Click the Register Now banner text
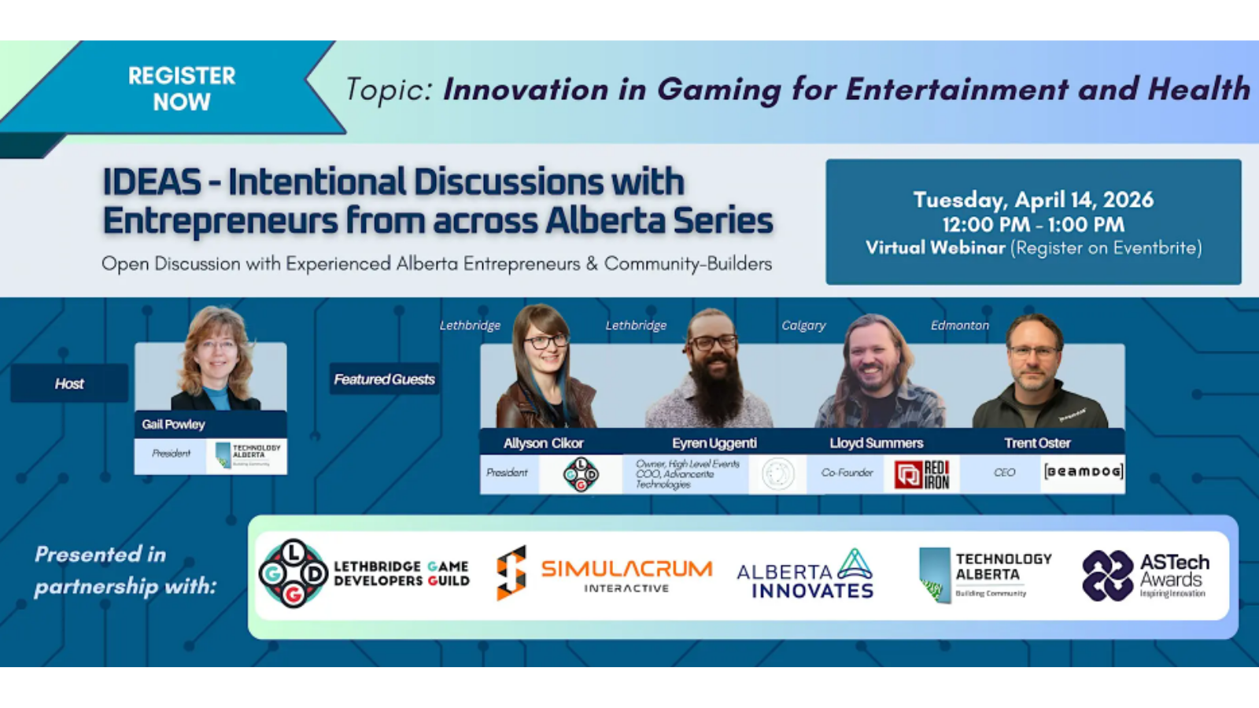[x=182, y=88]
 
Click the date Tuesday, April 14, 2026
[x=1033, y=200]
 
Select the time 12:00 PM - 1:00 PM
[x=1033, y=224]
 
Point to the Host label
[x=69, y=384]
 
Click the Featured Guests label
[x=384, y=379]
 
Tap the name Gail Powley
[x=173, y=424]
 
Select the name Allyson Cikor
[x=543, y=443]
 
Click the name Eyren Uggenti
[x=714, y=443]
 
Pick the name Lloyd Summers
[x=876, y=443]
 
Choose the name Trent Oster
[x=1037, y=443]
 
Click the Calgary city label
[x=803, y=326]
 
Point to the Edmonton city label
[x=959, y=326]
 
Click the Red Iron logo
[x=922, y=474]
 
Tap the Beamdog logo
[x=1083, y=472]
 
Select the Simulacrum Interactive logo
[x=604, y=573]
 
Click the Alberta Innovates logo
[x=805, y=573]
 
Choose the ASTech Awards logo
[x=1146, y=575]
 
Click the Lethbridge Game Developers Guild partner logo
[x=364, y=573]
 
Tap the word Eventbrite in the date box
[x=1153, y=248]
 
